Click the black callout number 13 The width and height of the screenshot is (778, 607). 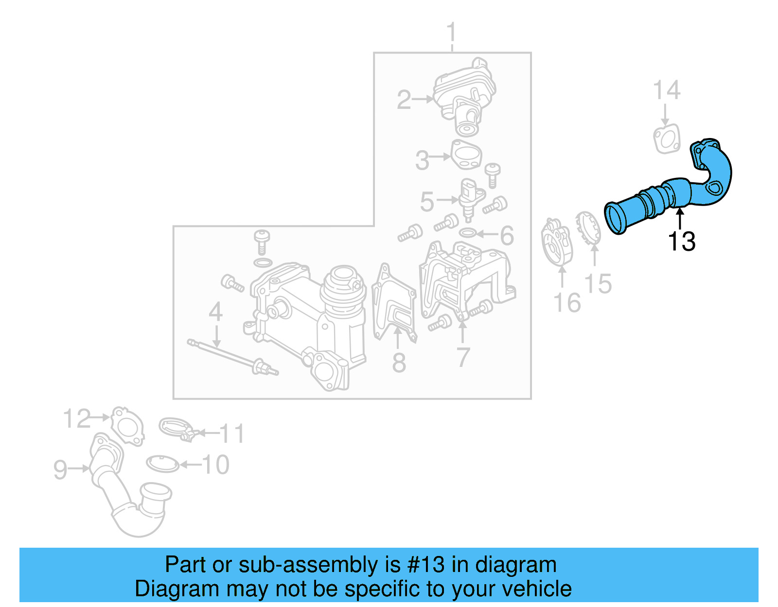pos(682,242)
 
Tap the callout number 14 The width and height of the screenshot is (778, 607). pos(666,91)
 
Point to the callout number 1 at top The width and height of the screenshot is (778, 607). pos(452,33)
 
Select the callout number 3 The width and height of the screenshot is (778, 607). pos(422,160)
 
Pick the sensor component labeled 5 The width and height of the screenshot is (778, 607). pos(470,197)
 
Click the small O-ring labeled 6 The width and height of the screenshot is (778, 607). pos(467,233)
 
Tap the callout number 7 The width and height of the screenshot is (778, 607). pos(463,357)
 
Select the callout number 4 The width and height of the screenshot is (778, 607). pos(215,312)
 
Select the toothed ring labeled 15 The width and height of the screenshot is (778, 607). pos(588,228)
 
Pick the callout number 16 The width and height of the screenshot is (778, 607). pos(567,303)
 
